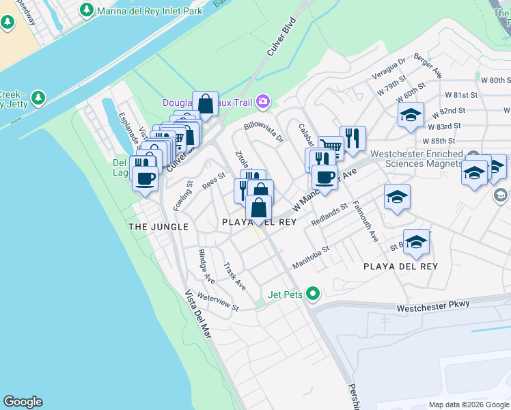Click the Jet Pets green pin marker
click(313, 295)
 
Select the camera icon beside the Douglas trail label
click(263, 102)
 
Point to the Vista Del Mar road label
click(197, 314)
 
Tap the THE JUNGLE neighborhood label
click(158, 226)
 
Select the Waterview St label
click(217, 302)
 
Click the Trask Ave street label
click(234, 276)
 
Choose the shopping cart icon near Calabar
click(331, 147)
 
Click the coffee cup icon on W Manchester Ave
click(324, 176)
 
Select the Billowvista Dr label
click(264, 133)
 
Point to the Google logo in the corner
click(23, 402)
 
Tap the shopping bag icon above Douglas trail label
click(205, 104)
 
